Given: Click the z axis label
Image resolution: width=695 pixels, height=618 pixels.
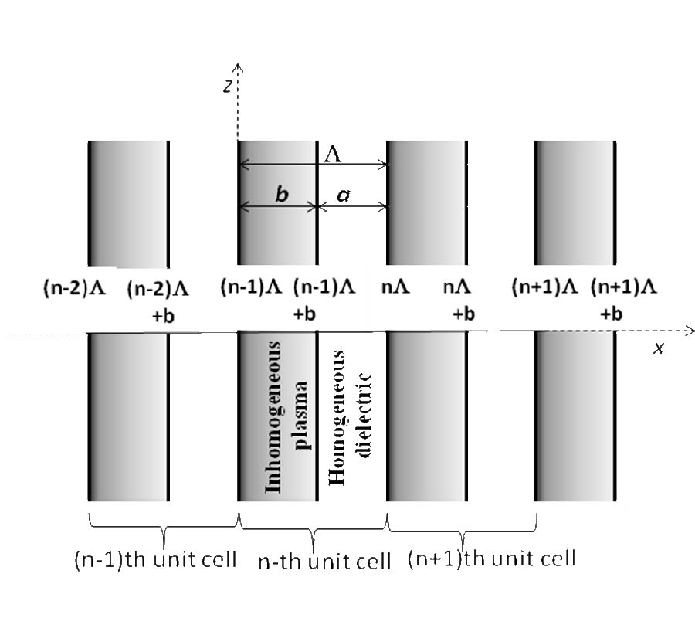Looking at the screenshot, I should (x=227, y=87).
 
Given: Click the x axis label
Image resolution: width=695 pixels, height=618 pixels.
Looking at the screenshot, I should (x=659, y=348).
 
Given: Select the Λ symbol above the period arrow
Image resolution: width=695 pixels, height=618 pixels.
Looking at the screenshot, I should (x=333, y=154).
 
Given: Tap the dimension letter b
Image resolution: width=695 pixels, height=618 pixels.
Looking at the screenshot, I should (x=281, y=195).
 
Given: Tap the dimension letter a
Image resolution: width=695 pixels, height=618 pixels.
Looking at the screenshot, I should (x=343, y=196).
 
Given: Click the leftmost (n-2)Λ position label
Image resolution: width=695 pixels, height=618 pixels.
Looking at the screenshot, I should (x=74, y=290).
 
